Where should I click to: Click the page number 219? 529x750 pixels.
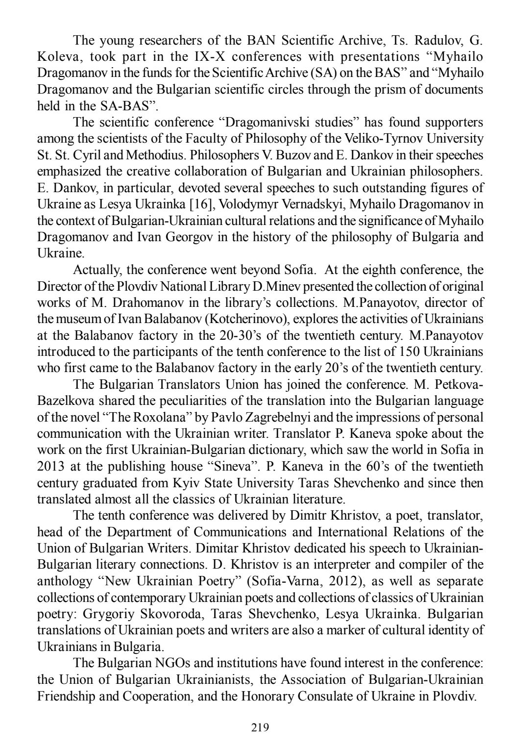[x=260, y=727]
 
